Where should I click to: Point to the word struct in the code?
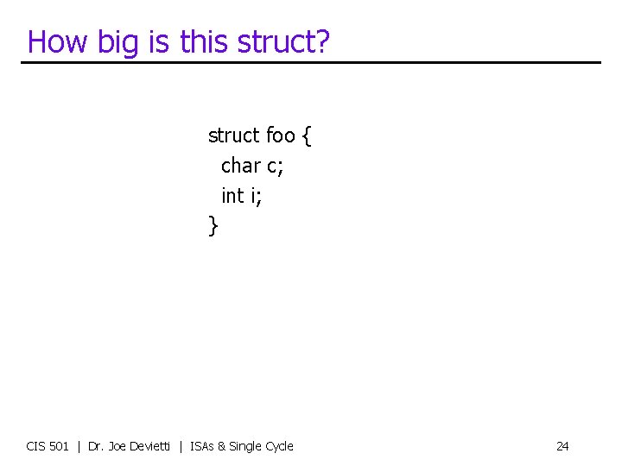(x=233, y=135)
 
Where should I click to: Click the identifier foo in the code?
(x=280, y=135)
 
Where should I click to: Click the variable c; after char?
(x=275, y=166)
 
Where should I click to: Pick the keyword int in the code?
(x=232, y=196)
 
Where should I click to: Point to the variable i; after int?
(x=256, y=196)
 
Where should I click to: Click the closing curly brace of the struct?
(x=213, y=227)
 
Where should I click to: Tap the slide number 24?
(x=562, y=446)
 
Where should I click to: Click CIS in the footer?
(x=37, y=446)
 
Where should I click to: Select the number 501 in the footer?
(x=60, y=446)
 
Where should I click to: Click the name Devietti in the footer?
(x=148, y=446)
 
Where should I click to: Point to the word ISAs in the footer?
(x=201, y=446)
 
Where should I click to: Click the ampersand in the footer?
(x=222, y=446)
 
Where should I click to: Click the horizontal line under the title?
(x=311, y=62)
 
